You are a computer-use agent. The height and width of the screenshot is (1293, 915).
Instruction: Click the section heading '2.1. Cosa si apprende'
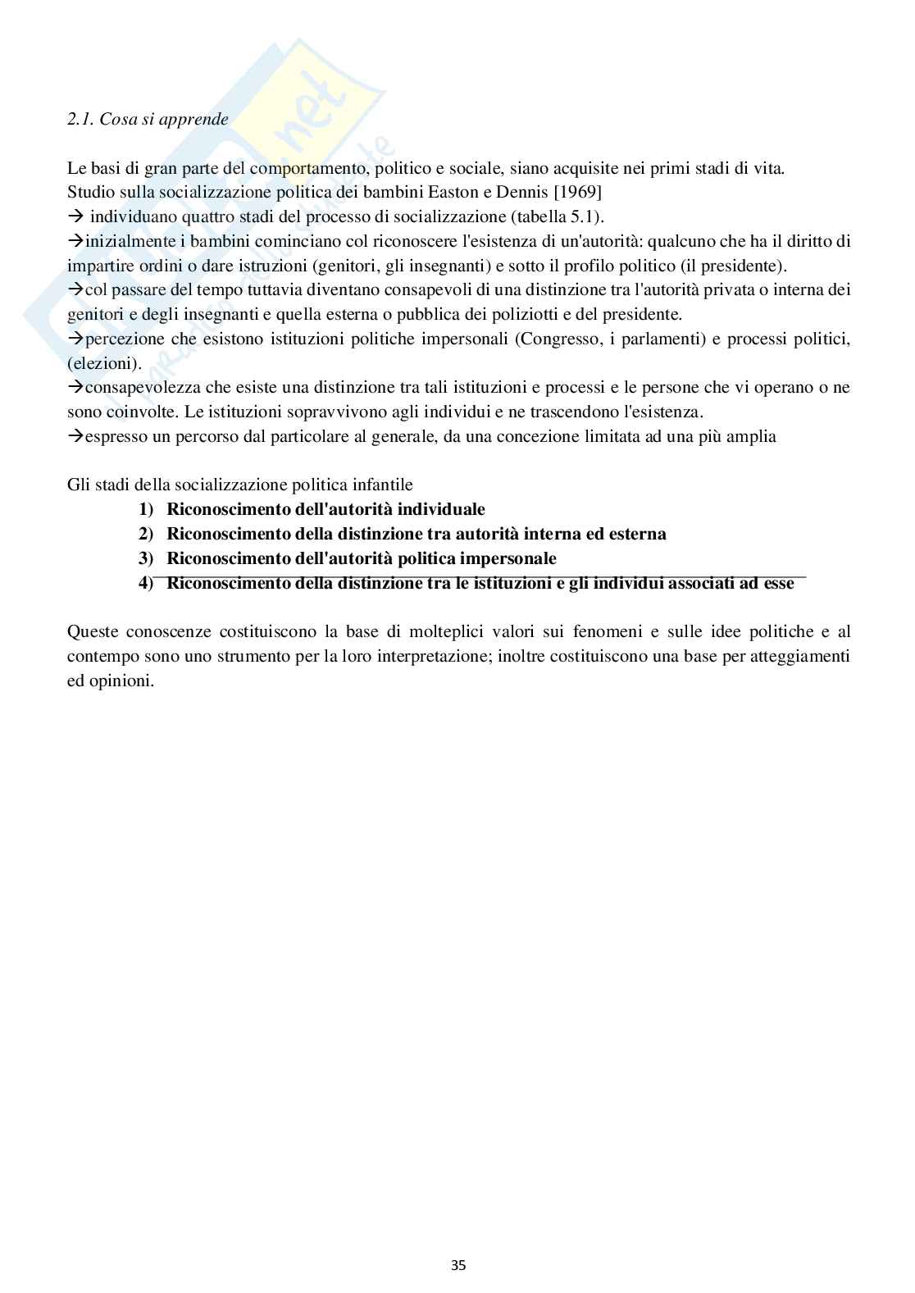[148, 119]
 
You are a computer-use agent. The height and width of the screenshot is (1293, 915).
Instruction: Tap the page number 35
[458, 1265]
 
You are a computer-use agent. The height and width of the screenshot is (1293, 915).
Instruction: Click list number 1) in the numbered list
[146, 509]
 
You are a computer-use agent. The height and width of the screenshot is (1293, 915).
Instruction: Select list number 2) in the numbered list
[146, 534]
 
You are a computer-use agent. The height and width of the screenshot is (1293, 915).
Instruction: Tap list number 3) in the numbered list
[146, 558]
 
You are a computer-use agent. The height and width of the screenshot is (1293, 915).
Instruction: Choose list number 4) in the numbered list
[146, 584]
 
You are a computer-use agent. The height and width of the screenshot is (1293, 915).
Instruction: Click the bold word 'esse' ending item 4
[779, 584]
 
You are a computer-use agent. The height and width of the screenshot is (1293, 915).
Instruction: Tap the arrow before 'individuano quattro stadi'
[76, 216]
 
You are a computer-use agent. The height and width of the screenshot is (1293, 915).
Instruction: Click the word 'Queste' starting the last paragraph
[92, 632]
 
